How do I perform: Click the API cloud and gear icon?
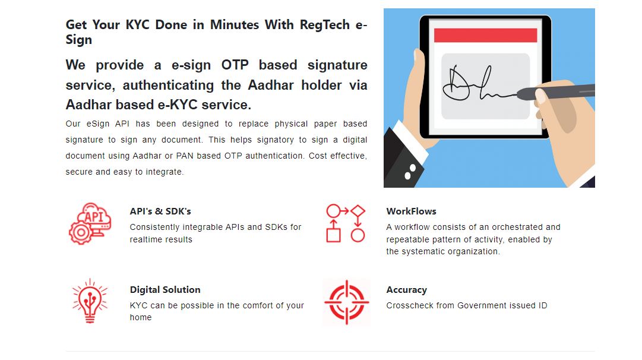click(90, 223)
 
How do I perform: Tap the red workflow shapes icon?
click(346, 223)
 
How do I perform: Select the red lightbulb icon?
click(90, 301)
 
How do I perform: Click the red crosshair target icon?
click(346, 302)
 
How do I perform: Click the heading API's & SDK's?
click(160, 211)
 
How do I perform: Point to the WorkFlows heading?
click(411, 211)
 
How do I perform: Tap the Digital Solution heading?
click(165, 289)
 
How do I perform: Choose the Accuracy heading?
click(407, 290)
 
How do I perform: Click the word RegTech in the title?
click(325, 25)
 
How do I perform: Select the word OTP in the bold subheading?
click(235, 65)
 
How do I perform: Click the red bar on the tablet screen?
click(485, 35)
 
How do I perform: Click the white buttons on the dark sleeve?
click(410, 172)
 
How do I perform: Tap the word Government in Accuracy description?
click(482, 305)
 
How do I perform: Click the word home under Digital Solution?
click(140, 317)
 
